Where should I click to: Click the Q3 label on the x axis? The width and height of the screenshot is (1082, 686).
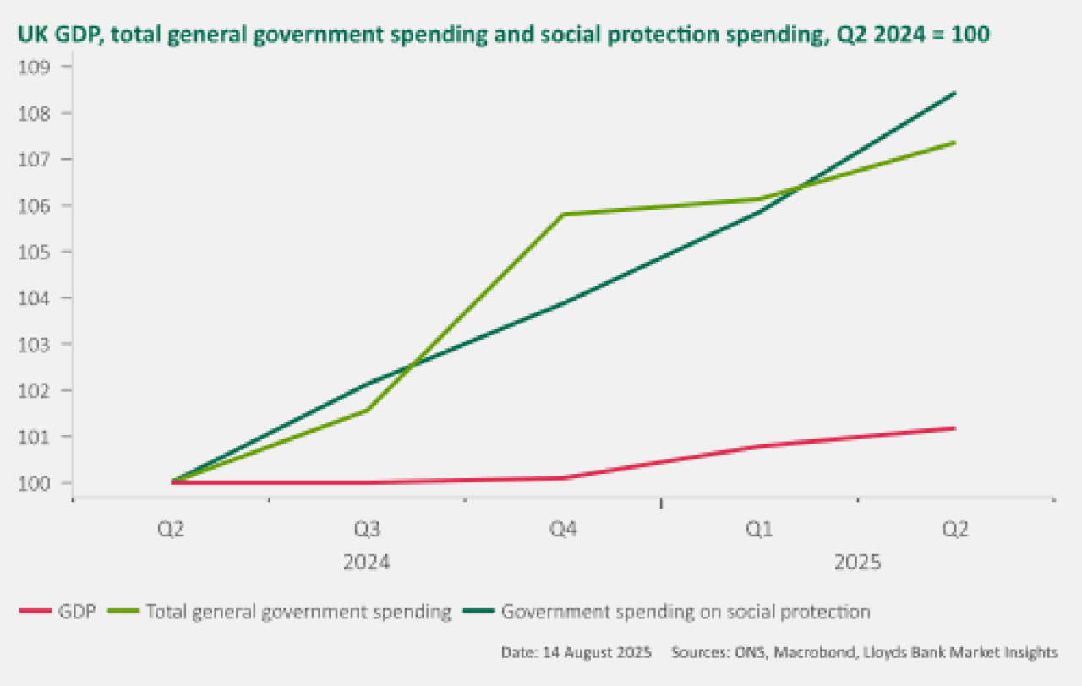coord(367,530)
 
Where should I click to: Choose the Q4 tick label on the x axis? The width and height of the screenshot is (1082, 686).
coord(563,530)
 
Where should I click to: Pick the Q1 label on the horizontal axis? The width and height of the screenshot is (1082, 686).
coord(759,530)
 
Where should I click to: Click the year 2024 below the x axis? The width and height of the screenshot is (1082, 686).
coord(367,563)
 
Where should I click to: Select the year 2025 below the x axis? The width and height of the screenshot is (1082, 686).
coord(857,563)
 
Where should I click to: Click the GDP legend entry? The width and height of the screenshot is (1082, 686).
coord(76,612)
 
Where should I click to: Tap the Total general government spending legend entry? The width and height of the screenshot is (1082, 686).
coord(298,612)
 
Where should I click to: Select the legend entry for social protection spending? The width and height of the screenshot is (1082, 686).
coord(685,612)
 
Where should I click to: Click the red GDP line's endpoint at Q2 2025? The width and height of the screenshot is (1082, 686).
coord(955,428)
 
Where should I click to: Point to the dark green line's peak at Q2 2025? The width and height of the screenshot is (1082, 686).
coord(955,93)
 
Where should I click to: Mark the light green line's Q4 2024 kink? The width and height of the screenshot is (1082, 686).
coord(563,215)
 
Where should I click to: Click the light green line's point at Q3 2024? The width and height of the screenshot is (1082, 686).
coord(367,410)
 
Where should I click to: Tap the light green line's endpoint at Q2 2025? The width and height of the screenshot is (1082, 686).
coord(955,142)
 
